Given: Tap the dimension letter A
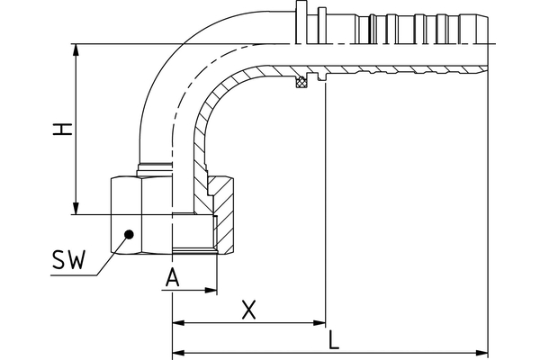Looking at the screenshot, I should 174,278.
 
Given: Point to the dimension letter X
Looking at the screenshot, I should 250,310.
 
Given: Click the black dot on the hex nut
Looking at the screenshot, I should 129,233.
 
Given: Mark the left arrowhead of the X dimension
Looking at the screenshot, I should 177,321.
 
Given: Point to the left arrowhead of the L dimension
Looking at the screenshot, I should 177,351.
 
